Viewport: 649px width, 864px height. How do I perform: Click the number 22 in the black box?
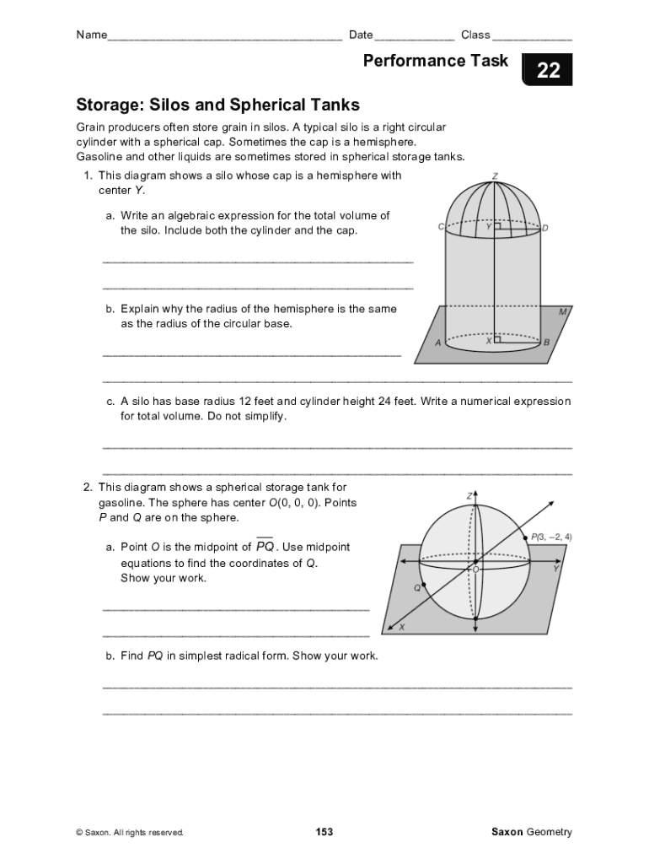tap(548, 72)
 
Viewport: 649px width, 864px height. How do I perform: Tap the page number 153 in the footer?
tap(324, 832)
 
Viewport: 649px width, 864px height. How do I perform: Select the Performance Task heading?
tap(436, 61)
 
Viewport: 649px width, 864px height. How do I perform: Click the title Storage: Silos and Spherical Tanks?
tap(217, 105)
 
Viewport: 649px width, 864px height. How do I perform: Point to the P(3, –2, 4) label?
tap(550, 537)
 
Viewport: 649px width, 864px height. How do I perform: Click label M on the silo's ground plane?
tap(562, 311)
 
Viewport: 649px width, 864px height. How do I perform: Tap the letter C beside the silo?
tap(441, 227)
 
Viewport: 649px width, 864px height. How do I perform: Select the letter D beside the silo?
tap(545, 228)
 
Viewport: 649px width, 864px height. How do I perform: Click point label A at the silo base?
tap(437, 343)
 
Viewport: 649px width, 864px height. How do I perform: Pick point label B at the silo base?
tap(546, 343)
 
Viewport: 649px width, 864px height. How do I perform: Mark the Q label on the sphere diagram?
tap(416, 587)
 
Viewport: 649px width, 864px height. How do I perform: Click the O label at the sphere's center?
tap(475, 570)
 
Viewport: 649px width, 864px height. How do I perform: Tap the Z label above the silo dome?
tap(495, 176)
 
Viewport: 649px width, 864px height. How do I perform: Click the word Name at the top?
tap(91, 35)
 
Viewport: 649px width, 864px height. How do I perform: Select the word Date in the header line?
tap(361, 35)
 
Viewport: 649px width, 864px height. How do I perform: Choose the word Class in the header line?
tap(475, 35)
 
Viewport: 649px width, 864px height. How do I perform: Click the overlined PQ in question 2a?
tap(265, 547)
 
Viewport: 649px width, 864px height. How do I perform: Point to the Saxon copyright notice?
tap(130, 833)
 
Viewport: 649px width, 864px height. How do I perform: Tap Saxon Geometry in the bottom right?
tap(531, 832)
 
